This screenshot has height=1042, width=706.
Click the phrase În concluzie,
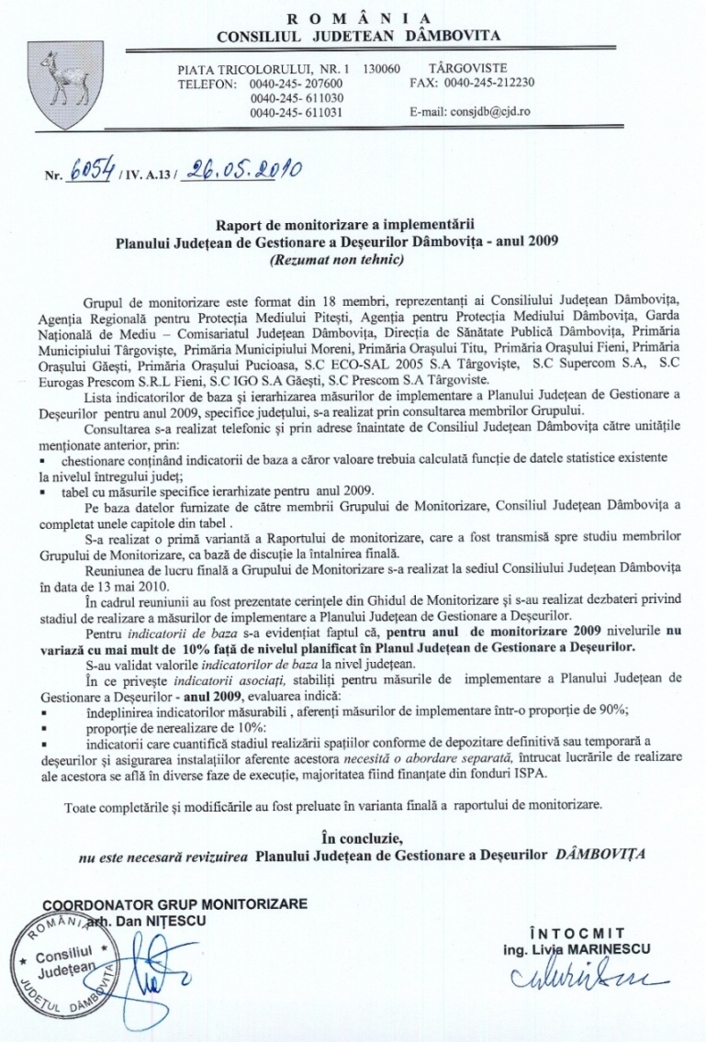click(363, 836)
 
